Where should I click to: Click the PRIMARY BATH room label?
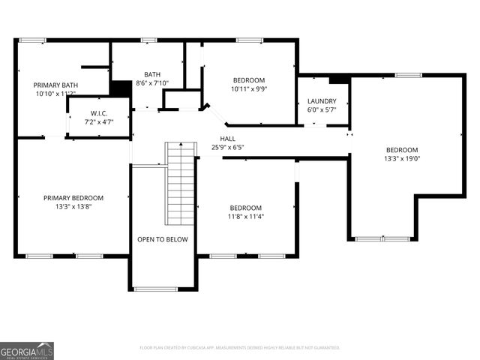point(55,85)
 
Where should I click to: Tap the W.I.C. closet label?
point(99,112)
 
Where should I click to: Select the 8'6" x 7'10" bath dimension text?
point(152,83)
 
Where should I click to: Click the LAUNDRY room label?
point(322,101)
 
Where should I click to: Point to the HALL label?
point(227,139)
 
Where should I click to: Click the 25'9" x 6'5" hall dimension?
point(227,147)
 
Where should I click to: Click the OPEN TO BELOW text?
point(162,239)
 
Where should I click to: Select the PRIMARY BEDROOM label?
point(73,198)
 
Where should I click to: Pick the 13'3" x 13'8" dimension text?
point(73,207)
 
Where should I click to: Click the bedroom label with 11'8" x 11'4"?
point(246,208)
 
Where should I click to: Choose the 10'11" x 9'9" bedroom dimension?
point(248,88)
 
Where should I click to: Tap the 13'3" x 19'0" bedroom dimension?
point(402,158)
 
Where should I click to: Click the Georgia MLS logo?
point(27,350)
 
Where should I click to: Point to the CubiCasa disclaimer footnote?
point(240,348)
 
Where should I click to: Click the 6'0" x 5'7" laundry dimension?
point(322,109)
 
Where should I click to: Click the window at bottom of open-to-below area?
point(155,289)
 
